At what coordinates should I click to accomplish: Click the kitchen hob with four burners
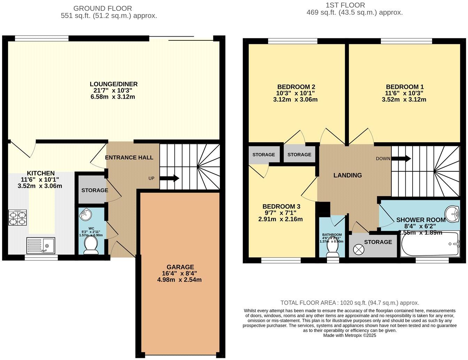[17, 219]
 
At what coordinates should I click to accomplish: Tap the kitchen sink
[41, 245]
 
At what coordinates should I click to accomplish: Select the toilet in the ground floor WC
[91, 245]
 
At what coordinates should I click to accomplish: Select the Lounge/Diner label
[114, 84]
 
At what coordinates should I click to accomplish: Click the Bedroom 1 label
[405, 87]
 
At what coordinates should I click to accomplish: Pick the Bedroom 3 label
[281, 206]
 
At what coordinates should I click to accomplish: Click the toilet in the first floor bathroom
[332, 248]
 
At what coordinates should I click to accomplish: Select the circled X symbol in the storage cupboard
[358, 250]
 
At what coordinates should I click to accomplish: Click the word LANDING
[348, 175]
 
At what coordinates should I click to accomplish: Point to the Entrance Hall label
[129, 158]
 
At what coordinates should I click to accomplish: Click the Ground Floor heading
[102, 8]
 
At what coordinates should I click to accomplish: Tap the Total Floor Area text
[350, 303]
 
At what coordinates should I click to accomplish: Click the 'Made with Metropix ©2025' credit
[350, 335]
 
